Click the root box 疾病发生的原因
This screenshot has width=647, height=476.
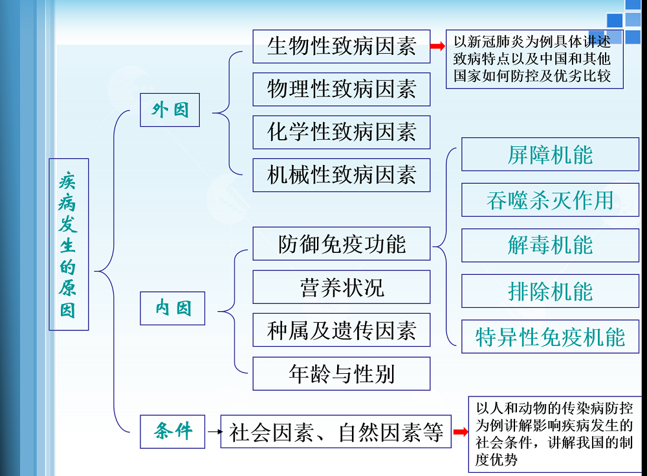(x=69, y=244)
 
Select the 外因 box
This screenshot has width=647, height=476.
(x=170, y=110)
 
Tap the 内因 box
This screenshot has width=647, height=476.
(x=173, y=308)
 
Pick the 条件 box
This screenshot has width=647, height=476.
(x=173, y=431)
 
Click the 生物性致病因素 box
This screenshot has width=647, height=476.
(x=341, y=47)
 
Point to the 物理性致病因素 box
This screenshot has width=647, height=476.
(x=341, y=89)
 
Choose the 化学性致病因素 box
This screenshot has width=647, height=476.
(x=341, y=132)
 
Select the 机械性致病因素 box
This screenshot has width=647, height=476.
(x=341, y=175)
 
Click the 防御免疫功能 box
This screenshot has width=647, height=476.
(x=341, y=244)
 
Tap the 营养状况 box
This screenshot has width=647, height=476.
(x=341, y=287)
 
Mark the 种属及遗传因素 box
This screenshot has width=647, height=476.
(x=341, y=330)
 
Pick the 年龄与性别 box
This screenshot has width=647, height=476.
(x=341, y=373)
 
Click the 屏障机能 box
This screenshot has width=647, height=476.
(x=550, y=155)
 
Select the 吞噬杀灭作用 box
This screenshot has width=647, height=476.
(x=550, y=200)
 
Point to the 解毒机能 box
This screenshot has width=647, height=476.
(x=550, y=245)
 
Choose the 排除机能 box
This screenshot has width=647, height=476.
(x=550, y=291)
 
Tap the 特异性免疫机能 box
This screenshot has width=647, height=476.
(x=550, y=336)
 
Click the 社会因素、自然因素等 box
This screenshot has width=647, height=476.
(x=336, y=431)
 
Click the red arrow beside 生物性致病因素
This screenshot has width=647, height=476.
(x=438, y=46)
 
